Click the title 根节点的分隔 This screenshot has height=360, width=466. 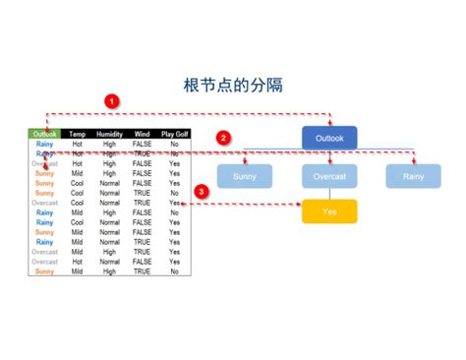pos(233,85)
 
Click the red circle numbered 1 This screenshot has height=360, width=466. pos(112,100)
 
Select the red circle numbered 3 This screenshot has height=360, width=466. pos(202,191)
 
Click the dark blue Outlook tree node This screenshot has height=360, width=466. pos(329,138)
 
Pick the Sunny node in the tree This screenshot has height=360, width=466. pos(245,177)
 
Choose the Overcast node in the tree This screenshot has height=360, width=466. pos(329,177)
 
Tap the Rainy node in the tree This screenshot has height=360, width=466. pos(413,177)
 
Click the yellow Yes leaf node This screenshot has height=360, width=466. pos(329,211)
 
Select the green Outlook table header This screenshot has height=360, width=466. pos(44,134)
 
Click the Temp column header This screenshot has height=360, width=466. pos(78,134)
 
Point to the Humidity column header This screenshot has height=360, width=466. pos(109,134)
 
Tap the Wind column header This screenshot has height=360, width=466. pos(142,134)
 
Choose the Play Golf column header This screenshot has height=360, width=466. pos(174,134)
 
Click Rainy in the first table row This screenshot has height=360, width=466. pos(44,144)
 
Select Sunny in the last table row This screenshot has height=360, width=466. pos(44,270)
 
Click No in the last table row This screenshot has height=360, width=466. pos(174,270)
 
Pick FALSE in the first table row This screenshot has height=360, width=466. pos(142,144)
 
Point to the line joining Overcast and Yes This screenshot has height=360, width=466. pos(329,194)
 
